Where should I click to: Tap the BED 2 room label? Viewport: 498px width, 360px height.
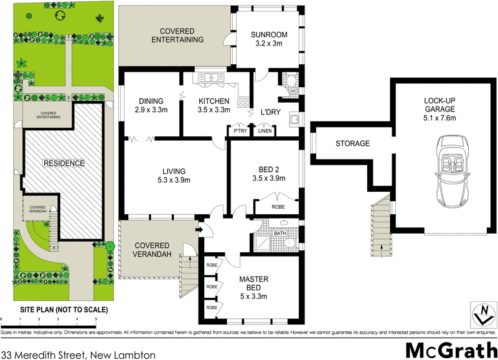(x=271, y=169)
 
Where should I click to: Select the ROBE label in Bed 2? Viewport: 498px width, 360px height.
(x=277, y=207)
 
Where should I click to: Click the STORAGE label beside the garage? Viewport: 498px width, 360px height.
(x=352, y=144)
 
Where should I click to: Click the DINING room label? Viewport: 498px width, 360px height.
(x=151, y=102)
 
